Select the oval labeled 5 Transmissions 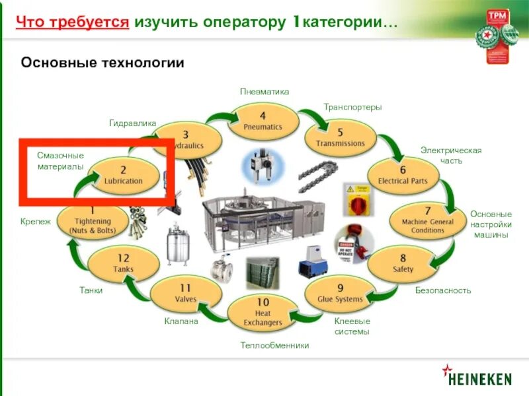coord(340,137)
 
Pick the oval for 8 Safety coord(403,263)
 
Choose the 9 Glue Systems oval coord(340,293)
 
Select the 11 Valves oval coord(186,293)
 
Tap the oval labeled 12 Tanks coord(123,263)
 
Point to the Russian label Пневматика coord(264,92)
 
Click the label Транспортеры coord(352,107)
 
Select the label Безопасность coord(443,290)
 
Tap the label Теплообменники coord(274,345)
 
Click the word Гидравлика coord(132,123)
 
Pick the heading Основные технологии coord(102,63)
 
